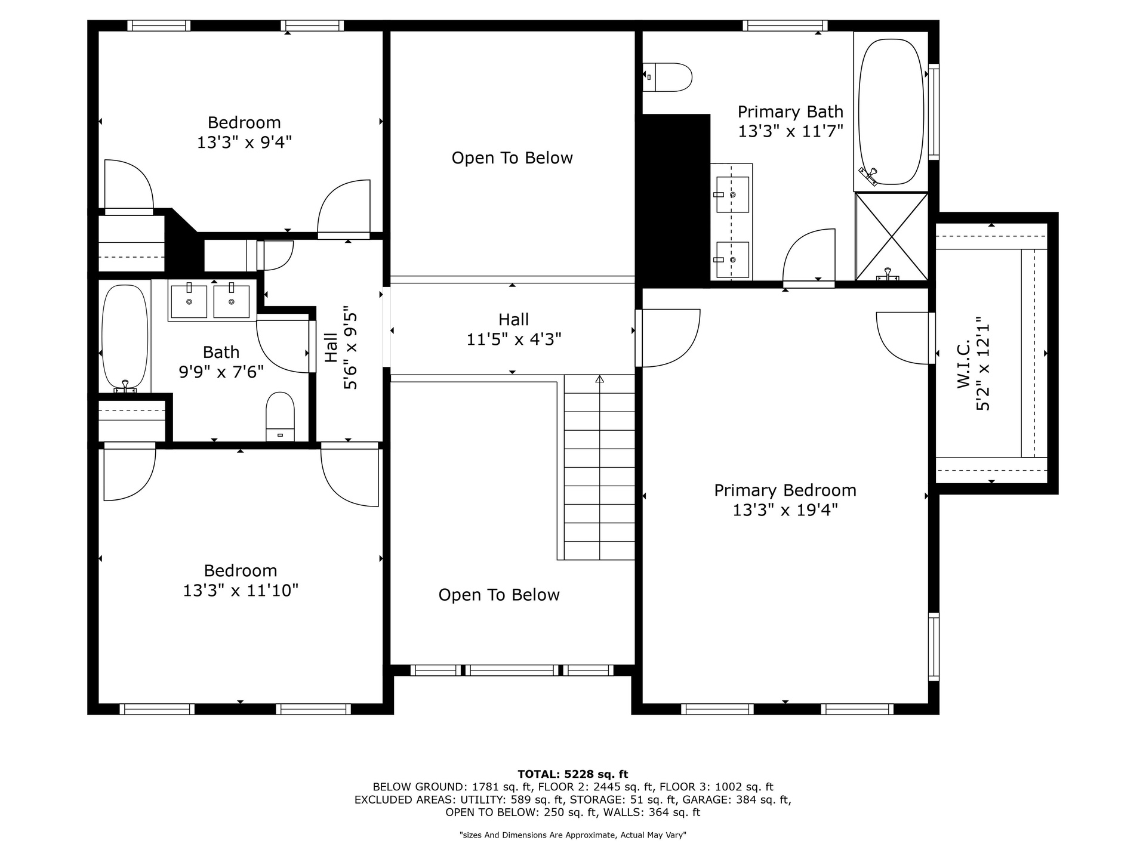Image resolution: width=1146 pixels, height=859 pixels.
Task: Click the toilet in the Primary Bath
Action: click(x=667, y=78)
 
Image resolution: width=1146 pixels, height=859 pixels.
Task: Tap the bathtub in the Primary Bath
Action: click(x=891, y=112)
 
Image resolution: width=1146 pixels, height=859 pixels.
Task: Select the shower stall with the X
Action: click(x=892, y=236)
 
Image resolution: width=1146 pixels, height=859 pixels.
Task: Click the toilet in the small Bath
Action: click(x=280, y=416)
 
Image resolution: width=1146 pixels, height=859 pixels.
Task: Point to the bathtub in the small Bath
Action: click(x=125, y=338)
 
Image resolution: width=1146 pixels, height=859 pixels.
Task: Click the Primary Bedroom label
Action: click(x=785, y=490)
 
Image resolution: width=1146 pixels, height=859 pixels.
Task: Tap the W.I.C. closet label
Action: click(x=964, y=364)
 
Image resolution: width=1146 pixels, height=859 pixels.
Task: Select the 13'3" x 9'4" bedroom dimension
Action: click(x=244, y=143)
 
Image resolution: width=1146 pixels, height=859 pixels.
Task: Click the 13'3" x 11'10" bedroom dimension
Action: click(x=241, y=591)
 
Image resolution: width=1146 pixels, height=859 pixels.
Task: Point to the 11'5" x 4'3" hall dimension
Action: click(x=513, y=339)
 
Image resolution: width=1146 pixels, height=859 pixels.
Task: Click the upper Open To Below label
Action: click(x=512, y=158)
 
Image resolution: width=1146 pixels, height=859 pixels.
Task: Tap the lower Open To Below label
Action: click(x=499, y=595)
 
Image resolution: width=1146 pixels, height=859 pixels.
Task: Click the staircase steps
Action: click(x=599, y=467)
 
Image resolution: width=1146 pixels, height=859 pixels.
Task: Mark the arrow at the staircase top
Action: click(x=599, y=379)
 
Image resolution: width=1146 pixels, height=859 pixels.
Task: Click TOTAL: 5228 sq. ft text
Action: click(x=573, y=774)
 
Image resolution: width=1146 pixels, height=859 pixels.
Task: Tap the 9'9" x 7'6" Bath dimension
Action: click(x=221, y=372)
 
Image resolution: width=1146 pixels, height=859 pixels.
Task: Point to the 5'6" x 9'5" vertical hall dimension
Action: click(x=350, y=348)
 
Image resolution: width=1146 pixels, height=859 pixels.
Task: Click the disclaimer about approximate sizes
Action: click(x=573, y=835)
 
